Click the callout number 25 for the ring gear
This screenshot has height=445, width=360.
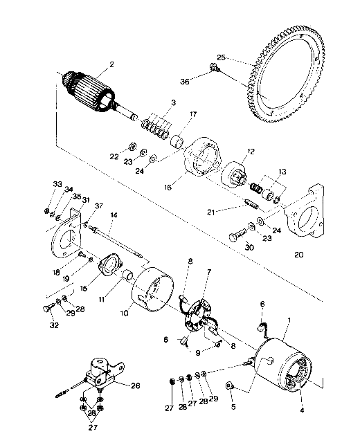221,57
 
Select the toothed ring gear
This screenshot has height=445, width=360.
285,74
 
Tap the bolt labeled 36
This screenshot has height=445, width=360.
214,68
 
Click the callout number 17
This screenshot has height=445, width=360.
193,114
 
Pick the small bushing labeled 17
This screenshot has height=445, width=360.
177,140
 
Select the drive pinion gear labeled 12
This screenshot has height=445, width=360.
234,174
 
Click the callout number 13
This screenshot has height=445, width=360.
282,172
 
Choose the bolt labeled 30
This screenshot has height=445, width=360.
237,235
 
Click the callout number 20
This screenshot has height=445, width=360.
298,255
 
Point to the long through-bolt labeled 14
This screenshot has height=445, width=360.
117,242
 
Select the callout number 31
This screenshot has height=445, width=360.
85,200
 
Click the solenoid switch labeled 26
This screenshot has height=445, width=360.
101,372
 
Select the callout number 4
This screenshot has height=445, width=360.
302,410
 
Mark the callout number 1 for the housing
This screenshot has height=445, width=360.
289,320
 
